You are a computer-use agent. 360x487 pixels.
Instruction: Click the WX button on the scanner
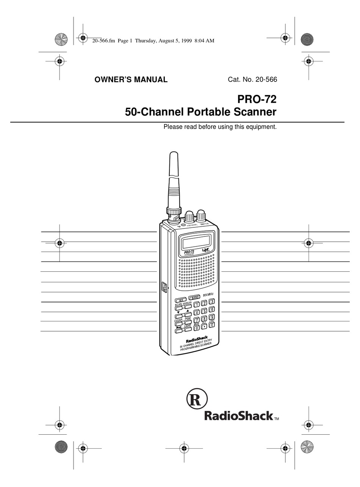(x=181, y=299)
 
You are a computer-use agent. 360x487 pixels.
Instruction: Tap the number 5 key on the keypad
(x=204, y=311)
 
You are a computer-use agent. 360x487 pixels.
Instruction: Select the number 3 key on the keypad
(x=212, y=302)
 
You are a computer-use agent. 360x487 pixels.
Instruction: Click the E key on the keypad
(x=212, y=325)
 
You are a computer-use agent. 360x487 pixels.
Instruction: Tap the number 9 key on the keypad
(x=212, y=317)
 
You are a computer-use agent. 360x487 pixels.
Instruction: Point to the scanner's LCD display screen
(x=196, y=241)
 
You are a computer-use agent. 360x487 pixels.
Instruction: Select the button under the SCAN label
(x=179, y=308)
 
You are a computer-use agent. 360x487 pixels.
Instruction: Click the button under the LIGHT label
(x=187, y=330)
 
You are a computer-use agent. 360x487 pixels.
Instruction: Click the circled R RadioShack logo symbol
(x=197, y=399)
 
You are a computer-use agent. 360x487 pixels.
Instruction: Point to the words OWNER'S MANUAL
(x=131, y=80)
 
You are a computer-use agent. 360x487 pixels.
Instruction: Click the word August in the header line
(x=174, y=41)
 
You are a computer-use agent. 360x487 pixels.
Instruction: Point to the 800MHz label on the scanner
(x=208, y=295)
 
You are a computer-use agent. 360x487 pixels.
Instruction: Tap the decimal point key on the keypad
(x=204, y=326)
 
